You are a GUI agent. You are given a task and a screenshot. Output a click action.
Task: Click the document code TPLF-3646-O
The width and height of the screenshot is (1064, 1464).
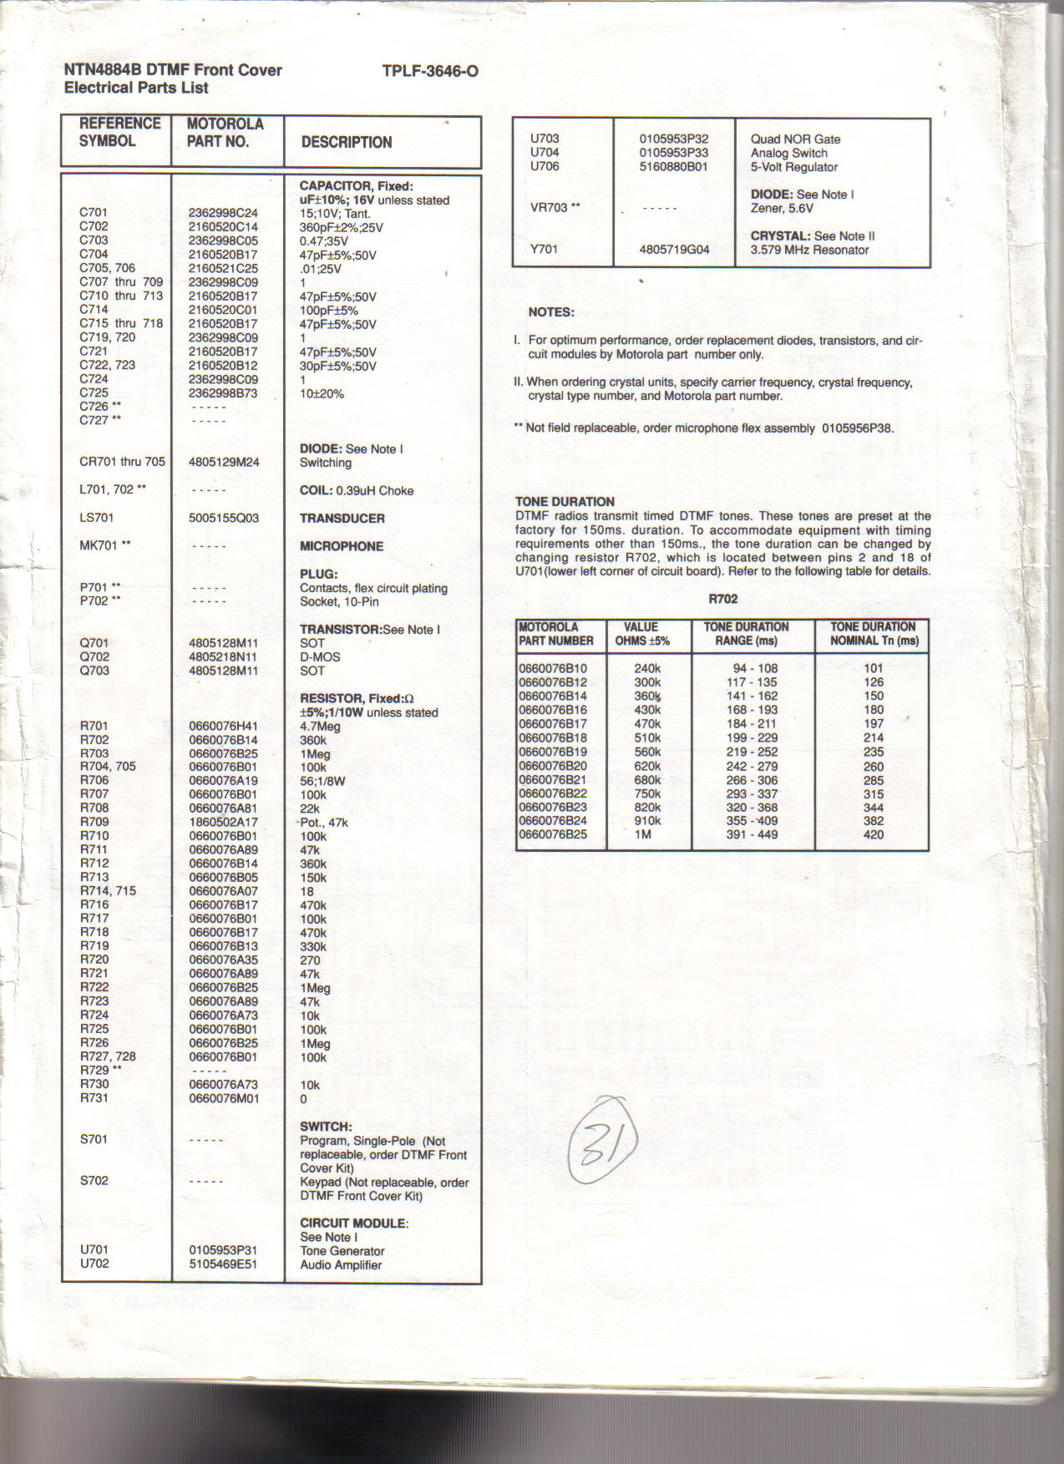coord(430,71)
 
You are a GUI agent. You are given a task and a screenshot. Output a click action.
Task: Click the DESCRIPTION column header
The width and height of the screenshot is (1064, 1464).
coord(346,142)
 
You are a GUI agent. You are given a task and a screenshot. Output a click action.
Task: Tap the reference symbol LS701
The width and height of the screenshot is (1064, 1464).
coord(97,518)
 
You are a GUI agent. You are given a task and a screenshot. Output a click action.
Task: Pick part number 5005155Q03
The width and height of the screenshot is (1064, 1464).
coord(224,518)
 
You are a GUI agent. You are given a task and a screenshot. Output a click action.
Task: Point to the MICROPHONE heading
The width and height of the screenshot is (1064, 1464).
coord(342,546)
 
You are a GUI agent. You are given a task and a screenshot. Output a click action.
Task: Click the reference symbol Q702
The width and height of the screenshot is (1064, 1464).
coord(94,656)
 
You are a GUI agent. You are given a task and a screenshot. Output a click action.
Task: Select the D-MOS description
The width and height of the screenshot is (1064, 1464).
coord(320,656)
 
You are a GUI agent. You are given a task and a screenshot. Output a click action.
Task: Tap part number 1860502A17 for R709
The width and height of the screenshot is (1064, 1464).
coord(223,822)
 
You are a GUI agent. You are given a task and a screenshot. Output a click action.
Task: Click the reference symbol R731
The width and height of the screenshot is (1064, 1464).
coord(94,1097)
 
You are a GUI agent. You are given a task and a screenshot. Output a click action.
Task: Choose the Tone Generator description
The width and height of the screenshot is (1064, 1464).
coord(342,1251)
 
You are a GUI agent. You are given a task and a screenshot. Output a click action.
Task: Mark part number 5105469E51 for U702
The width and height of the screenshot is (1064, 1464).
coord(223,1264)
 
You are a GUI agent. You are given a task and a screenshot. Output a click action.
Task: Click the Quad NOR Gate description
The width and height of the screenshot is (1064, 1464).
coord(795,139)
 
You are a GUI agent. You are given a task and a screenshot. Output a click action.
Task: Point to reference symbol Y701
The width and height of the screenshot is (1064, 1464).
coord(544,249)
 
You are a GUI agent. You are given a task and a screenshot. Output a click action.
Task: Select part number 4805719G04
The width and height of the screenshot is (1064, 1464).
coord(674,249)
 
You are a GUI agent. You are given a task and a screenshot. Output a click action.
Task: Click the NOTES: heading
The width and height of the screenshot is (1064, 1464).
coord(551,312)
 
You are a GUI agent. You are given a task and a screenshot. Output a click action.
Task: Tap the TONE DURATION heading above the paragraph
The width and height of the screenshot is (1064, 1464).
coord(565,502)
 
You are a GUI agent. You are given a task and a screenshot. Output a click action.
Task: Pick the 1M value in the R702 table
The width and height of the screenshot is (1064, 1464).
coord(643,834)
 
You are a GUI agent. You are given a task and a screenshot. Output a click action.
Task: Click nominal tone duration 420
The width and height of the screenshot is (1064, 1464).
coord(874,834)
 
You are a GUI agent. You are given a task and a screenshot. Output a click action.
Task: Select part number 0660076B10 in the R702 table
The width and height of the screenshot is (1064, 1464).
coord(553,668)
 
